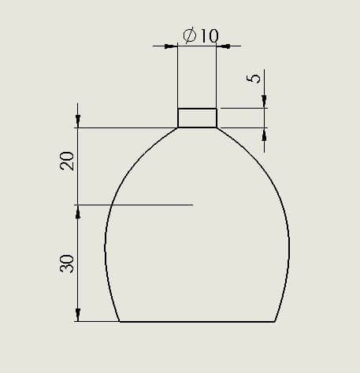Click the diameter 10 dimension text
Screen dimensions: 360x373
click(x=201, y=35)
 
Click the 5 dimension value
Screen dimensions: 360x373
click(x=254, y=79)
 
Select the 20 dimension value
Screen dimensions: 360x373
click(x=67, y=161)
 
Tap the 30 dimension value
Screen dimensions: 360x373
click(x=67, y=264)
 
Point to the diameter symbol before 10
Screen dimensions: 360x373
click(x=190, y=35)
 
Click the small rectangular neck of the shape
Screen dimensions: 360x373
click(x=197, y=118)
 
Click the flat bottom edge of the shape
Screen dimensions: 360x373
click(x=197, y=321)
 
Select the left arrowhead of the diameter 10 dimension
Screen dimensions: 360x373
click(x=171, y=46)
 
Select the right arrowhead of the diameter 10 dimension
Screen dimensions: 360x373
click(x=223, y=46)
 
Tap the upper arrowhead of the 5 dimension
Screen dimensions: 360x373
click(x=264, y=102)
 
